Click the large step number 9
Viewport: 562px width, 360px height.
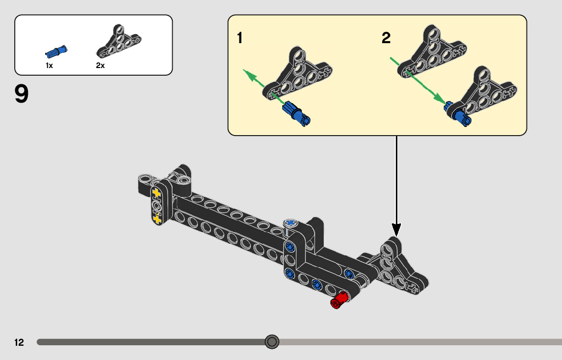point(22,94)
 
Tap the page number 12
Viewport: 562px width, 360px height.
point(19,342)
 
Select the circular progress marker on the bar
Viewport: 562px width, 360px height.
point(272,342)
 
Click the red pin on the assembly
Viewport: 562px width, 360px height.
point(339,300)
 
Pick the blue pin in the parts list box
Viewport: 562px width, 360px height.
point(56,51)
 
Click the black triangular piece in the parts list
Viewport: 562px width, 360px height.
point(118,43)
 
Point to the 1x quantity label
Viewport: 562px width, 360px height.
point(49,66)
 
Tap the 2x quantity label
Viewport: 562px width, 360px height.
point(100,66)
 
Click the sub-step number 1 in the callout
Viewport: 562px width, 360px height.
point(240,38)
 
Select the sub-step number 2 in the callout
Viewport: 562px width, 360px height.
point(386,38)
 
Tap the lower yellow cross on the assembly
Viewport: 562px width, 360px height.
point(157,219)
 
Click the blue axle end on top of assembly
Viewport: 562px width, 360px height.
point(291,222)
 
